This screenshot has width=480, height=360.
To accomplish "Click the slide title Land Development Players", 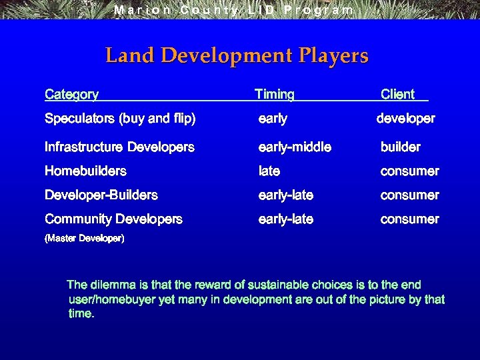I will [x=237, y=55].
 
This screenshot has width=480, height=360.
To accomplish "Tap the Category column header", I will [x=71, y=95].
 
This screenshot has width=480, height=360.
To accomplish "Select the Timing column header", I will [x=275, y=95].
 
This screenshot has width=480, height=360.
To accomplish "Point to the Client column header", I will [x=398, y=95].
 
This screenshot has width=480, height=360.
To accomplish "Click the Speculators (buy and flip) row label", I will [x=120, y=119].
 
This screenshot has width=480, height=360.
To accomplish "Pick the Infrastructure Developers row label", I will [x=119, y=147].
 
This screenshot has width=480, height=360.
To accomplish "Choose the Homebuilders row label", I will [x=85, y=171].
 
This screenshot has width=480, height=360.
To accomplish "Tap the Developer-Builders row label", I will [x=101, y=195].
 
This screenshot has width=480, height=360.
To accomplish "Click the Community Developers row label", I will [x=113, y=219].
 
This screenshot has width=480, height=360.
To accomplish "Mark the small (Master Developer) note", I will [x=84, y=238].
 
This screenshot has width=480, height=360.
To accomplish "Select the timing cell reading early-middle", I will [x=295, y=147].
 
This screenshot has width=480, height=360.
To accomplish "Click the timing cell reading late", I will [x=269, y=171].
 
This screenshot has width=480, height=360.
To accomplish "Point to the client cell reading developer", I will [x=405, y=119].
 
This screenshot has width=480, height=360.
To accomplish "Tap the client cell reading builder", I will [x=401, y=147].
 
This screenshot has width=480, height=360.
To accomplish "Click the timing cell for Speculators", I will [x=273, y=119].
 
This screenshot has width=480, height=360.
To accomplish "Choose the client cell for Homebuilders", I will [x=409, y=171].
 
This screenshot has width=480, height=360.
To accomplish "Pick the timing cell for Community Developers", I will [x=286, y=219].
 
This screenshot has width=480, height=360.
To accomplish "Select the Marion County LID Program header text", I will [x=234, y=10].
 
